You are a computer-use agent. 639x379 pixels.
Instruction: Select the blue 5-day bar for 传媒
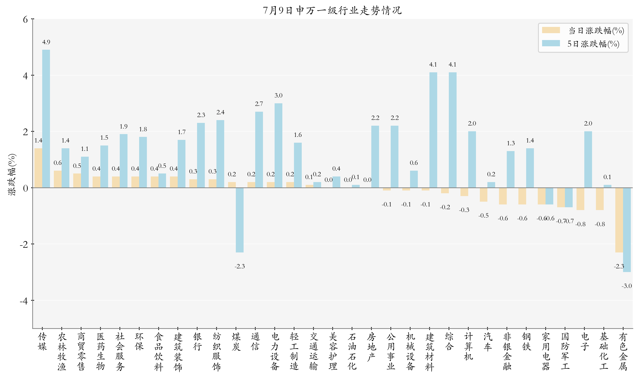pyautogui.click(x=46, y=119)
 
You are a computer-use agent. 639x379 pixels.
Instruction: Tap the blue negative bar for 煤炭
pyautogui.click(x=240, y=220)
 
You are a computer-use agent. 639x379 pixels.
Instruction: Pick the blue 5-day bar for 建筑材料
pyautogui.click(x=433, y=130)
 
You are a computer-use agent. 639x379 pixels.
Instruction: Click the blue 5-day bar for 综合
pyautogui.click(x=452, y=130)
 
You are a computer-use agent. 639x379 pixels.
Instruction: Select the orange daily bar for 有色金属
pyautogui.click(x=619, y=220)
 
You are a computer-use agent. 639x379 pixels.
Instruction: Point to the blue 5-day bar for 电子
pyautogui.click(x=588, y=160)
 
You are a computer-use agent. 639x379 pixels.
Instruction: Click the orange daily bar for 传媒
pyautogui.click(x=38, y=168)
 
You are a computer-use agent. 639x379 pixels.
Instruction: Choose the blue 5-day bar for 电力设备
pyautogui.click(x=278, y=145)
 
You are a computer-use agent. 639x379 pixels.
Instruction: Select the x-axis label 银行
pyautogui.click(x=197, y=342)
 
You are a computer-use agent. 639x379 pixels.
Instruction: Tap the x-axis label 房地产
pyautogui.click(x=371, y=347)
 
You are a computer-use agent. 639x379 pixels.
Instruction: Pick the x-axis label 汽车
pyautogui.click(x=488, y=342)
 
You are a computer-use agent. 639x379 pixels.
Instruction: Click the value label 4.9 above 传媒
pyautogui.click(x=46, y=42)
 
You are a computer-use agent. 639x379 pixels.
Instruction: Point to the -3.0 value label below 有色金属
pyautogui.click(x=627, y=286)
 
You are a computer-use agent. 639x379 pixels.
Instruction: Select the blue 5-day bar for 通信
pyautogui.click(x=259, y=150)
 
